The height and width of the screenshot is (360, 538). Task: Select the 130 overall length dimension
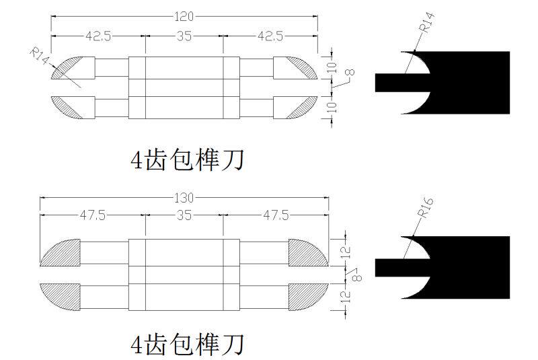184,198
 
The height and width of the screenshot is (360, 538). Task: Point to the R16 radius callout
424,207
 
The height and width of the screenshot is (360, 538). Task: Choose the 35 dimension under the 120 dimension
184,36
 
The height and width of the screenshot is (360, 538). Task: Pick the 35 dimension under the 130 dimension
184,215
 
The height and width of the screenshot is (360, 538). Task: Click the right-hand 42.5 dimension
270,36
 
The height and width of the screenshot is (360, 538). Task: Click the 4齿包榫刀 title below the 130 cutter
186,345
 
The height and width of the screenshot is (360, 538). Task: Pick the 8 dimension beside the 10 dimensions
349,73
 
